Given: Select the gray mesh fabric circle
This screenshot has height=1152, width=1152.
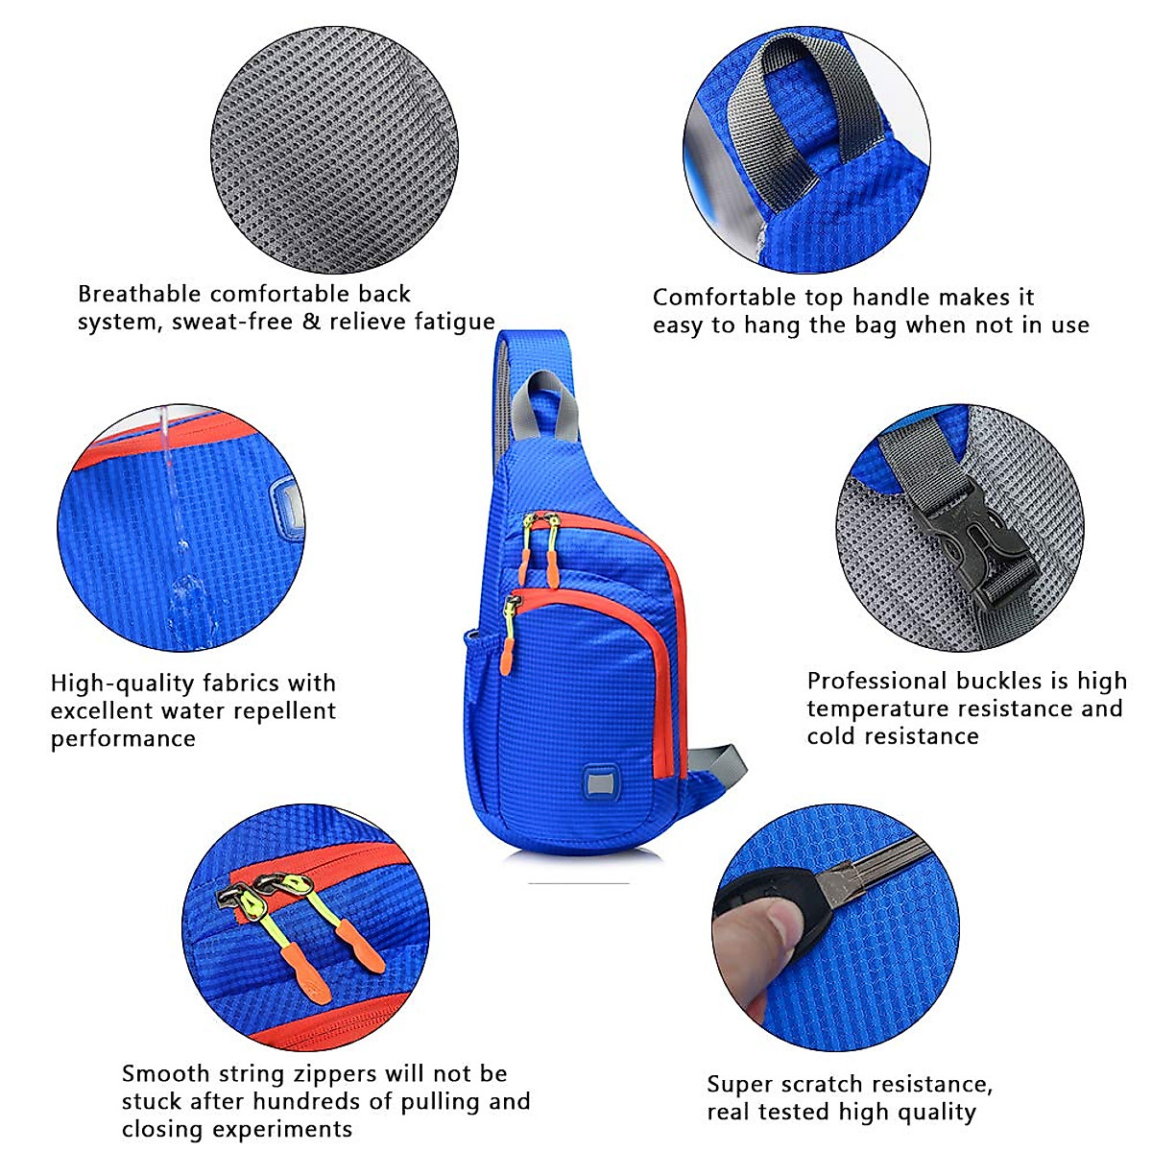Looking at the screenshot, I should point(334,149).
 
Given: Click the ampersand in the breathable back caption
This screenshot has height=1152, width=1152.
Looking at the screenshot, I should point(311,322).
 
